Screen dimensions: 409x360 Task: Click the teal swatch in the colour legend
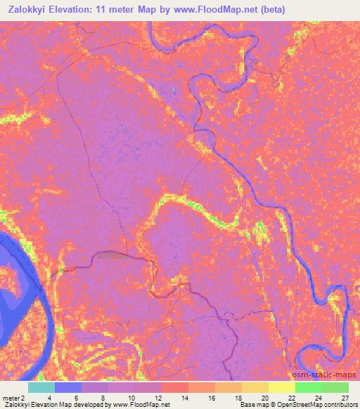coord(41,387)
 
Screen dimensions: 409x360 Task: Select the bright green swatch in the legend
coord(309,387)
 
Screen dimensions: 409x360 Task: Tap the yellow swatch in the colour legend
coord(281,387)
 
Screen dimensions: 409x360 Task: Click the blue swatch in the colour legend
coord(69,387)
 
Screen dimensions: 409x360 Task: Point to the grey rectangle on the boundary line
coord(110,255)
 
